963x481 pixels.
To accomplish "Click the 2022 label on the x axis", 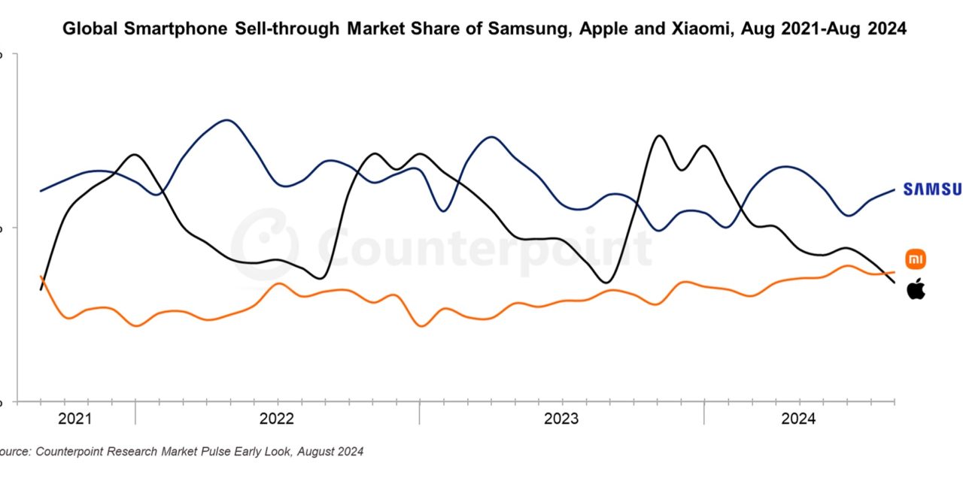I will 276,419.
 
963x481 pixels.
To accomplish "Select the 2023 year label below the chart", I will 560,419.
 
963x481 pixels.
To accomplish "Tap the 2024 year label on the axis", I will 797,419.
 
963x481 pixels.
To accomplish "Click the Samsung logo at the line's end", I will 932,189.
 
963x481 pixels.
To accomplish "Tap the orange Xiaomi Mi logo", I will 915,259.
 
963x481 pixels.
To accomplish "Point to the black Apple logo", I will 915,289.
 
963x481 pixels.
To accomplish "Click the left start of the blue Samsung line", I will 41,191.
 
